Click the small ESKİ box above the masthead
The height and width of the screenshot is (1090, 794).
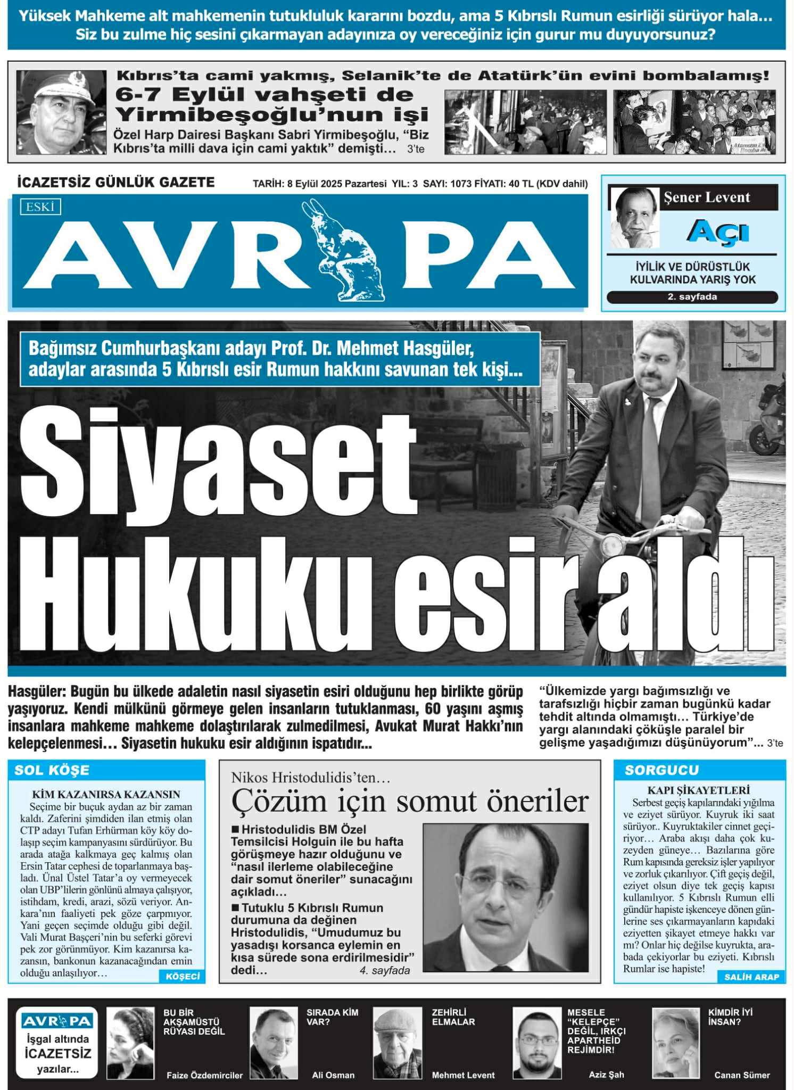point(40,207)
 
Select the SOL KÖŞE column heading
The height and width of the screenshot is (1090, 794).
point(52,770)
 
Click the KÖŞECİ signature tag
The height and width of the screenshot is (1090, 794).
point(183,976)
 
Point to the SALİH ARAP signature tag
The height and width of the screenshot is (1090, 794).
point(751,977)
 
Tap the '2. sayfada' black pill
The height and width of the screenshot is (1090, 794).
point(692,297)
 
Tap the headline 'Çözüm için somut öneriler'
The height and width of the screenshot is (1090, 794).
point(410,801)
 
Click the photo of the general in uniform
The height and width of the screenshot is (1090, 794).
point(61,113)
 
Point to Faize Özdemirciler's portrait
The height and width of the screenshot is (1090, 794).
point(130,1043)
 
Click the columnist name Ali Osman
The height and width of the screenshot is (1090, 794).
point(333,1075)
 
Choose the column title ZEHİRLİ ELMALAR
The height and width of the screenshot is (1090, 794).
point(453,1017)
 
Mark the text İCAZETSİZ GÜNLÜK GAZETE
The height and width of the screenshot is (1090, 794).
point(116,183)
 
